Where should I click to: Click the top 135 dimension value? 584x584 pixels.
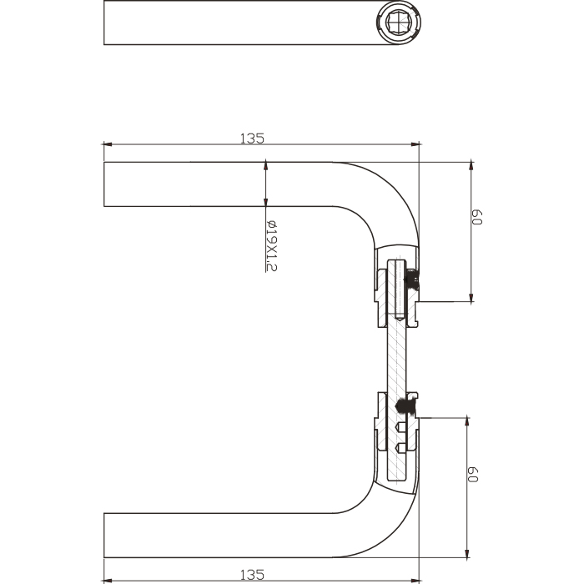tap(252, 138)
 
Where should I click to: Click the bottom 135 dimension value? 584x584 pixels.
tap(252, 574)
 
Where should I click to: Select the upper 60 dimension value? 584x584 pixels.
tap(477, 217)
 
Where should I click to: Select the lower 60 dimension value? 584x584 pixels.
tap(473, 474)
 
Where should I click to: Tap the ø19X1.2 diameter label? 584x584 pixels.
tap(271, 246)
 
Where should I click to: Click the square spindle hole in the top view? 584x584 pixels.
tap(398, 23)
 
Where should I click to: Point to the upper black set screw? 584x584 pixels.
tap(411, 279)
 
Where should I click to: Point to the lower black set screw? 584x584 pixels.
tap(404, 405)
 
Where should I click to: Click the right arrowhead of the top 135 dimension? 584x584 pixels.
tap(415, 144)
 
